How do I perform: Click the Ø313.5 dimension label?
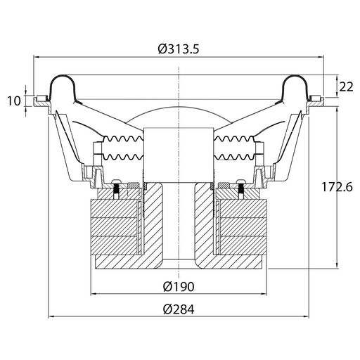[x=179, y=49]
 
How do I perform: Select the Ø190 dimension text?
[x=179, y=286]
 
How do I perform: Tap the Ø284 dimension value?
[x=179, y=309]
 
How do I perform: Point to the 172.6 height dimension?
[x=337, y=187]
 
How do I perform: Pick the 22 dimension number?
[x=346, y=87]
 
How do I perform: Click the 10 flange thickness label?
[x=14, y=101]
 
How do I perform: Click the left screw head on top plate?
[x=117, y=181]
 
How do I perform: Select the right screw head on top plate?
[x=241, y=181]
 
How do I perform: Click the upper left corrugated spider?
[x=123, y=139]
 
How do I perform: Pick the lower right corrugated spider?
[x=234, y=157]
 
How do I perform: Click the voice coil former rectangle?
[x=179, y=155]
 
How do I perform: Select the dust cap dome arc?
[x=179, y=107]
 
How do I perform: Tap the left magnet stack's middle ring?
[x=114, y=227]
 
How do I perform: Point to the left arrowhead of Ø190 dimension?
[x=94, y=293]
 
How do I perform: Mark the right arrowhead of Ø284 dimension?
[x=306, y=316]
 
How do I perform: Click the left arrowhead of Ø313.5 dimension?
[x=37, y=57]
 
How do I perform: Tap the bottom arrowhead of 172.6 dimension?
[x=337, y=266]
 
